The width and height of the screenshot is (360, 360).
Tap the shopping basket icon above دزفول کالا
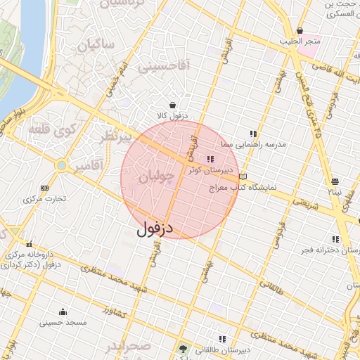click(172, 105)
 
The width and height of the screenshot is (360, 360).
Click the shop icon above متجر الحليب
click(300, 30)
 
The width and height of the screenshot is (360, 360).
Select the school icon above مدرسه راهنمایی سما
click(253, 133)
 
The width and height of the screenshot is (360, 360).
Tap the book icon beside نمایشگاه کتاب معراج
click(243, 176)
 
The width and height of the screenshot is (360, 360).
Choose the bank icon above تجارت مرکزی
click(44, 188)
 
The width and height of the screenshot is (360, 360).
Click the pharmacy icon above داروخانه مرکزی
click(29, 243)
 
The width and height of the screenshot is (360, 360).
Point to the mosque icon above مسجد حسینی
click(63, 312)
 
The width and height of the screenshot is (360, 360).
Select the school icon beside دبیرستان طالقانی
click(222, 339)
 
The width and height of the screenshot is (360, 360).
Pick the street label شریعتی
click(305, 204)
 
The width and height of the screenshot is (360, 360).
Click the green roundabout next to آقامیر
click(62, 166)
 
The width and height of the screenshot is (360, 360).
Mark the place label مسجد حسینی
click(63, 323)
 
